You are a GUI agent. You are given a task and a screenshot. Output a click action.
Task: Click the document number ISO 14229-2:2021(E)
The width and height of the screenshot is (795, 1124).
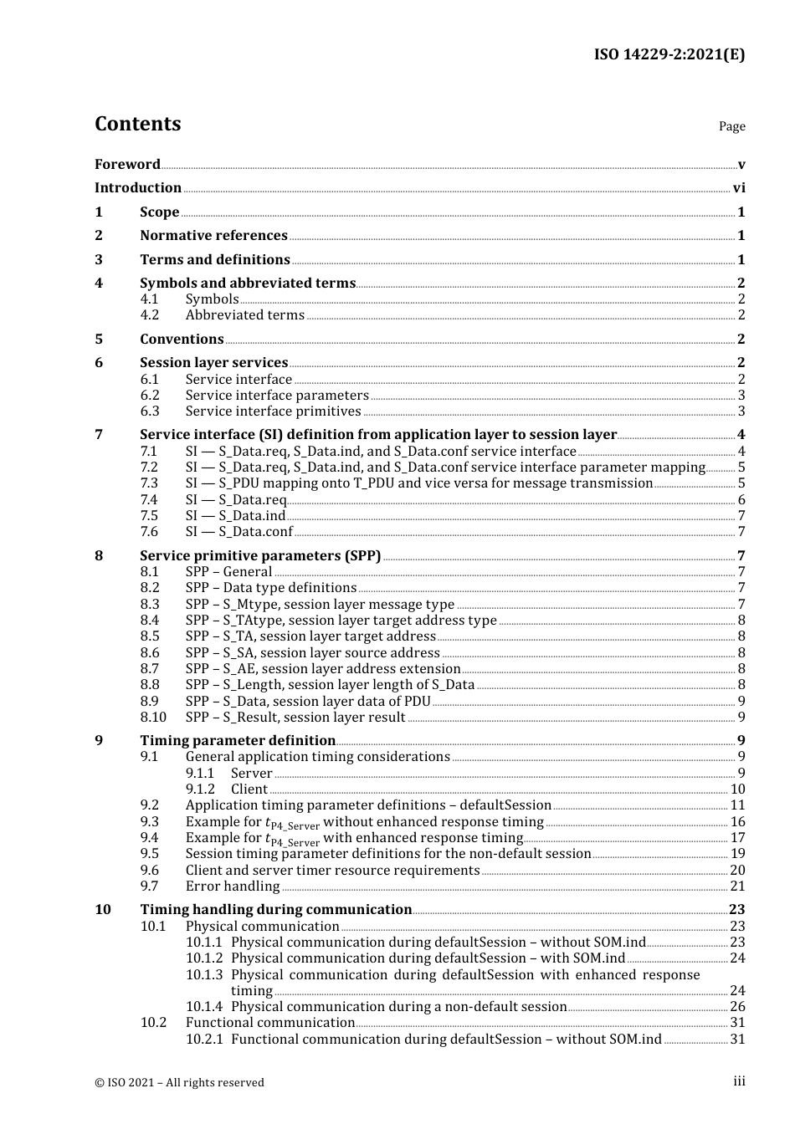[x=669, y=54]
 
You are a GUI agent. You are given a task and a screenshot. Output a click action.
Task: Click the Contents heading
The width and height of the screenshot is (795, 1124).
[x=137, y=124]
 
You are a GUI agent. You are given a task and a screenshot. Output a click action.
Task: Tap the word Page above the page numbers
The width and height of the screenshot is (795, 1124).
[x=731, y=126]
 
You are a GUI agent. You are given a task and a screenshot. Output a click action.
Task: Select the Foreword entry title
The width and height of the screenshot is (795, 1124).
[x=127, y=164]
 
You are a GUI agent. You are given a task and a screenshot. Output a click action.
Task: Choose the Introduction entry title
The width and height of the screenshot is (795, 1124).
[x=138, y=188]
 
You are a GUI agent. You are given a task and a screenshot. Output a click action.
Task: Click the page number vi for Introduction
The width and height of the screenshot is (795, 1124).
[x=739, y=188]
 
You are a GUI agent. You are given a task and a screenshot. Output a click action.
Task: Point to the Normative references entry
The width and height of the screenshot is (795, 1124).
[x=213, y=236]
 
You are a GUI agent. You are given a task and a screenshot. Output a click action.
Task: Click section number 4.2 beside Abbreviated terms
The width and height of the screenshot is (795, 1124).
[x=149, y=315]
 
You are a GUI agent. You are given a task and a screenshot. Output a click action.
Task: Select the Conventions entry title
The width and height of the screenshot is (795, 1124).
[x=182, y=340]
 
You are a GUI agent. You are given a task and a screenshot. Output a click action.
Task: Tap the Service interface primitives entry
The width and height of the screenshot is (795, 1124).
[x=273, y=411]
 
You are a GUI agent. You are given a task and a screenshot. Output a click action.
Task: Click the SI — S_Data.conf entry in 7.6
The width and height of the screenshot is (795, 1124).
[x=238, y=532]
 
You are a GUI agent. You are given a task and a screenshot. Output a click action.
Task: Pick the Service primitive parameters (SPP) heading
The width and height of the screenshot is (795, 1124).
[x=260, y=556]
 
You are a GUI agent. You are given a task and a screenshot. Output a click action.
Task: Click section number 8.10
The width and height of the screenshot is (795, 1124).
[x=153, y=718]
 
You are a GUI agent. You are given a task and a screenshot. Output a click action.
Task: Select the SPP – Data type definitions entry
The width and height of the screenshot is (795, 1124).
[x=270, y=588]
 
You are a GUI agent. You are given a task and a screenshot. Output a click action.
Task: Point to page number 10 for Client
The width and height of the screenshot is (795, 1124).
[x=737, y=789]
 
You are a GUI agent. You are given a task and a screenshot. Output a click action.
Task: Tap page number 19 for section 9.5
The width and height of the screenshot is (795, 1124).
[x=737, y=854]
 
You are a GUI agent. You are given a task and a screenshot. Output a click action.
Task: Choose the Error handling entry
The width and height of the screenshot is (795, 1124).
[x=233, y=886]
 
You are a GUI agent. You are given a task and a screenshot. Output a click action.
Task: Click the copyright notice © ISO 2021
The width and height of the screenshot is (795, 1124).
[x=179, y=1082]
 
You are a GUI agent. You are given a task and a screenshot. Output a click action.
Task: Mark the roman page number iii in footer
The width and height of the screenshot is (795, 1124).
[x=739, y=1081]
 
